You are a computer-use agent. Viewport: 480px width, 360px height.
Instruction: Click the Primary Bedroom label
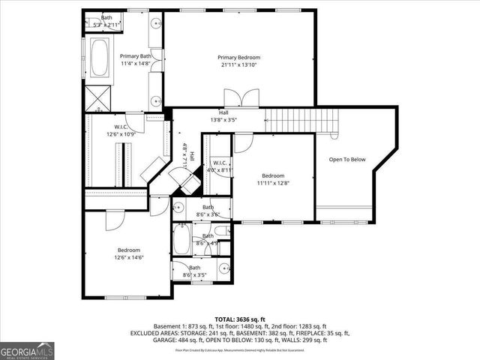(x=238, y=58)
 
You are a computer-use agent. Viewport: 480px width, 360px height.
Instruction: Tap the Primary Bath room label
(x=135, y=56)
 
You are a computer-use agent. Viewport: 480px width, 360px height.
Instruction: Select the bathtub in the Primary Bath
(x=99, y=58)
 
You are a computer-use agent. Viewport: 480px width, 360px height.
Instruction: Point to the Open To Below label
(x=346, y=159)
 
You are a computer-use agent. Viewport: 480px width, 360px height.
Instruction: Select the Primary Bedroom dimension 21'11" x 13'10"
(x=238, y=66)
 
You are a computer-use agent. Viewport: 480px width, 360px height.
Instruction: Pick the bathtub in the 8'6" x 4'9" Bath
(x=183, y=241)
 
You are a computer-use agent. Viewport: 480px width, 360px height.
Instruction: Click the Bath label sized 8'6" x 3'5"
(x=195, y=271)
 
